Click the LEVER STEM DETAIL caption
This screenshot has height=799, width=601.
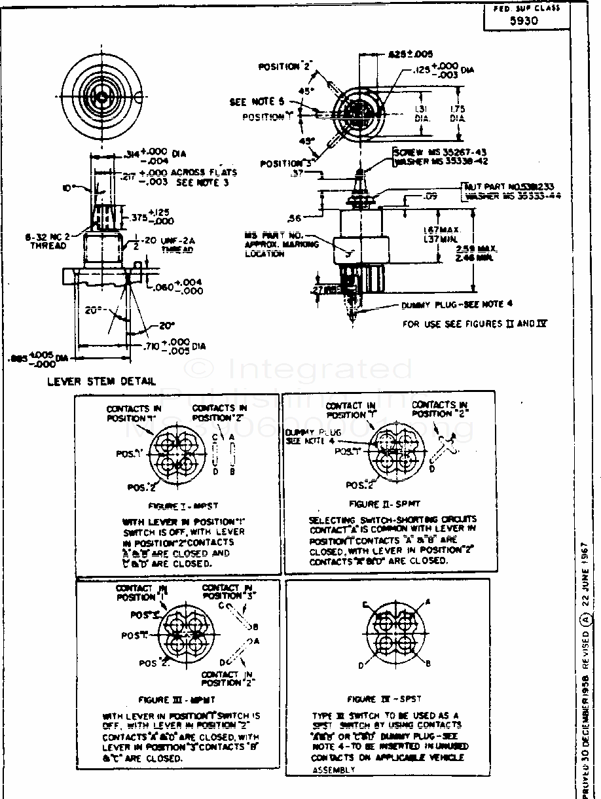101,381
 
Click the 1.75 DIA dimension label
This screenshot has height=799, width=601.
458,113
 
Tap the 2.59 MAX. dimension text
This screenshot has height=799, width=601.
496,249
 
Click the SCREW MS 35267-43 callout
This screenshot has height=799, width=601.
439,152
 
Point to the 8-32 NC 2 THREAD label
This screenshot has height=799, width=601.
48,241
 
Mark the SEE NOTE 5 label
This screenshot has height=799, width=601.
257,102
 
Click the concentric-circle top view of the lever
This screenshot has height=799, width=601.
101,96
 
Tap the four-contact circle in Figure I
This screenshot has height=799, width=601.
177,451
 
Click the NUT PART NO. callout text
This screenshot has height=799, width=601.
509,186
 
